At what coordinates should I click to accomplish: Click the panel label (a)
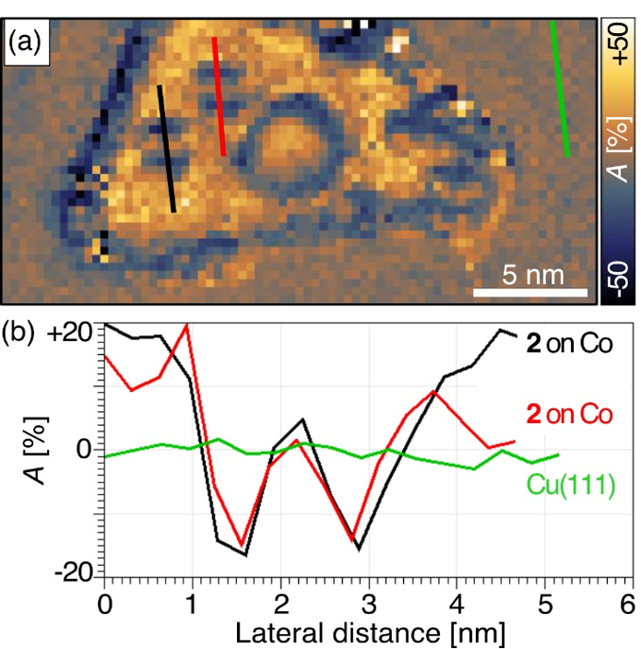[x=27, y=42]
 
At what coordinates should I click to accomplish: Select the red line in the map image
[x=219, y=96]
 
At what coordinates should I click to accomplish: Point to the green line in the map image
[x=559, y=88]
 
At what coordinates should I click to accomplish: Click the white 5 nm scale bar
[x=531, y=292]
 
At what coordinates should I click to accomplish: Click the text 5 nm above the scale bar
[x=532, y=275]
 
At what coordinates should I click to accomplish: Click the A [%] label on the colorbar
[x=620, y=157]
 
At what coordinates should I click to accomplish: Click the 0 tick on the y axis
[x=88, y=450]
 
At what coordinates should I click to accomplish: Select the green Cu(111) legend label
[x=571, y=484]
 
